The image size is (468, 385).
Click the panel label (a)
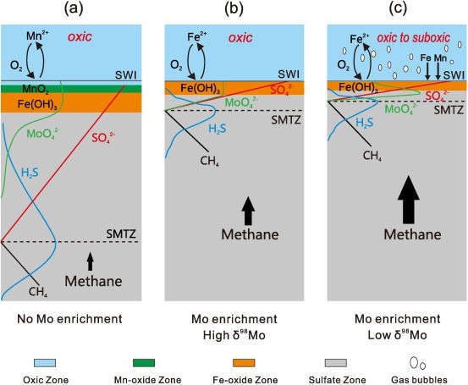pyautogui.click(x=73, y=9)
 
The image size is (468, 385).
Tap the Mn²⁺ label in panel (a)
pyautogui.click(x=37, y=36)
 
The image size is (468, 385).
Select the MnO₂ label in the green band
pyautogui.click(x=36, y=89)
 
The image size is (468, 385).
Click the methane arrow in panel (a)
pyautogui.click(x=91, y=261)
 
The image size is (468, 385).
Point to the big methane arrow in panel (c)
pyautogui.click(x=409, y=200)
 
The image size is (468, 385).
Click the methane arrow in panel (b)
pyautogui.click(x=248, y=211)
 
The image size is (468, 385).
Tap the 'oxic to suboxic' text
pyautogui.click(x=413, y=37)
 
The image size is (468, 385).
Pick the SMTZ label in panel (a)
pyautogui.click(x=121, y=234)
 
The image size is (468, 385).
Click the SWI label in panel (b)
pyautogui.click(x=289, y=74)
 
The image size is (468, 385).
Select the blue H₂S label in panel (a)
pyautogui.click(x=30, y=173)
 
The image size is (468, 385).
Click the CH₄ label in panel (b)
pyautogui.click(x=210, y=161)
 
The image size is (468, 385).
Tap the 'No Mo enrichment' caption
pyautogui.click(x=69, y=319)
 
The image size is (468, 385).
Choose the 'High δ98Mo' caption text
pyautogui.click(x=234, y=335)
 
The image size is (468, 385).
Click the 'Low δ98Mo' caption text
pyautogui.click(x=397, y=335)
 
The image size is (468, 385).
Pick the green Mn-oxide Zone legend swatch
pyautogui.click(x=144, y=363)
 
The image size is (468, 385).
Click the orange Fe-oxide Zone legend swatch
pyautogui.click(x=244, y=363)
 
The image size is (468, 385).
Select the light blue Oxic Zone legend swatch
pyautogui.click(x=45, y=363)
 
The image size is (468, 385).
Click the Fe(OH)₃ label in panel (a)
pyautogui.click(x=37, y=104)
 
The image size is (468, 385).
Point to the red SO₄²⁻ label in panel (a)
pyautogui.click(x=103, y=138)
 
